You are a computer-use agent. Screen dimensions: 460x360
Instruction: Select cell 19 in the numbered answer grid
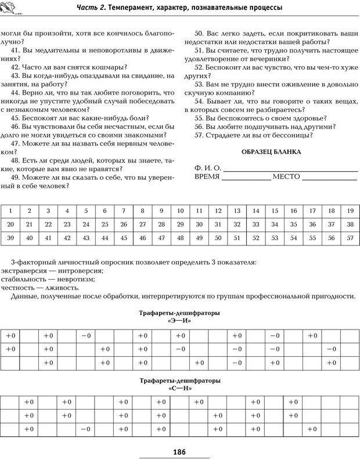[x=350, y=211]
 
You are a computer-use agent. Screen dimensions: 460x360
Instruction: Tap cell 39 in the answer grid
[x=10, y=238]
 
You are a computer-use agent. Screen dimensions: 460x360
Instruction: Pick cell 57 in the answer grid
[x=350, y=238]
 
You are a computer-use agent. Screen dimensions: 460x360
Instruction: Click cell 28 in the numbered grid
[x=161, y=224]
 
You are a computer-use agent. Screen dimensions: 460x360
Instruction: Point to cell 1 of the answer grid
[x=10, y=211]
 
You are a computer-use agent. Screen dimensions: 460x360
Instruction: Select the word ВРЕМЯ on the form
[x=207, y=178]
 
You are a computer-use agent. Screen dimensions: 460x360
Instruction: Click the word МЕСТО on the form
[x=287, y=178]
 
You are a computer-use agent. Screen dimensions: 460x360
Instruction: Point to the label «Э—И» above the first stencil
[x=179, y=320]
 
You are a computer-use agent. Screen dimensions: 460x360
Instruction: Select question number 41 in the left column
[x=16, y=50]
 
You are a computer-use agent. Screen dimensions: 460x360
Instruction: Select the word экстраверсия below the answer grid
[x=23, y=270]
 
